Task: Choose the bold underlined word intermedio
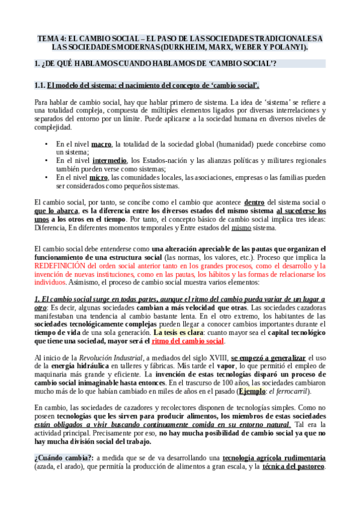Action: click(109, 161)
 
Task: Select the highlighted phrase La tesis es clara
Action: click(178, 332)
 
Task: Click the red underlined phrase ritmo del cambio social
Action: click(188, 341)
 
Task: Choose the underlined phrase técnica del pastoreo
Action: click(294, 467)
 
